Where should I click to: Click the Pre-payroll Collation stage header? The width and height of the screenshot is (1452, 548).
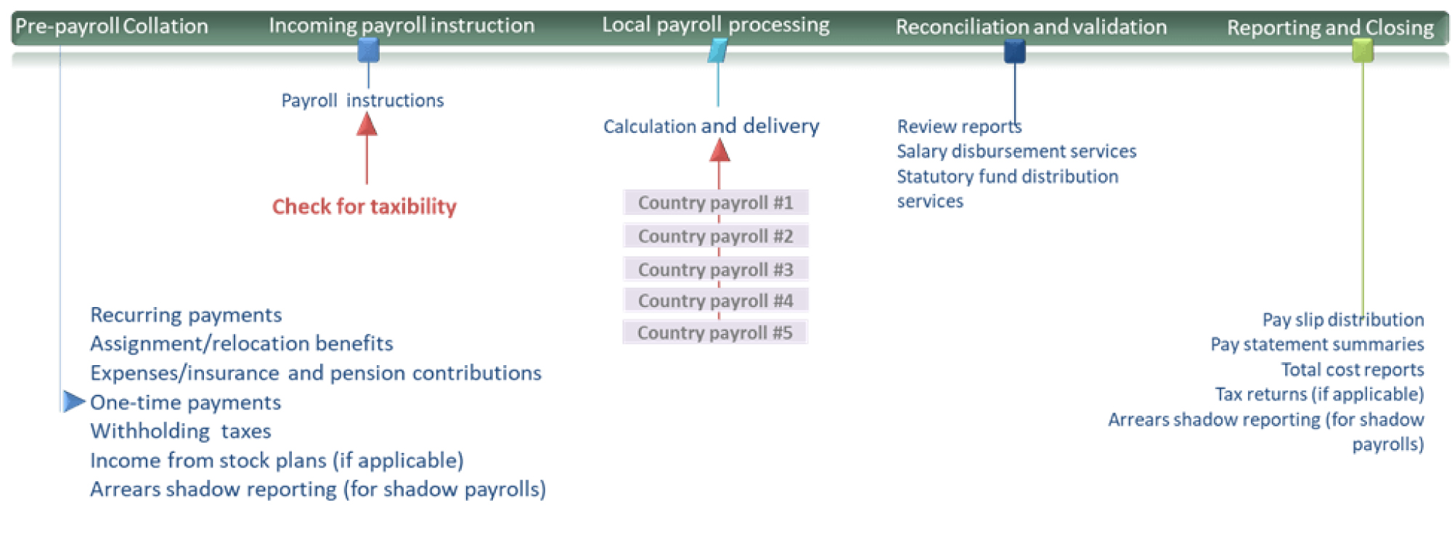[x=112, y=26]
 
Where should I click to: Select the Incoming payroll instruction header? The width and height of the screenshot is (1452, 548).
[x=401, y=25]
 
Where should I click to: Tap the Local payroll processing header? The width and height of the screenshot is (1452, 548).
[x=716, y=25]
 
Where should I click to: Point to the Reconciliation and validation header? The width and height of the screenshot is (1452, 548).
[x=1031, y=27]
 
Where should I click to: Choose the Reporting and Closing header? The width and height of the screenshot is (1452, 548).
[x=1330, y=28]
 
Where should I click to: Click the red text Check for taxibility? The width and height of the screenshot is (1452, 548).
[x=364, y=207]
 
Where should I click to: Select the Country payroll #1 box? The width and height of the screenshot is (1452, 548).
[x=716, y=203]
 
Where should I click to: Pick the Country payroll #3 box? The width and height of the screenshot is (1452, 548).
[x=716, y=269]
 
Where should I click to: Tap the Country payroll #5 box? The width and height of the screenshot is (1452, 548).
[x=715, y=332]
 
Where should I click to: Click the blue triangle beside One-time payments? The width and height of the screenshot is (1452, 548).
[x=74, y=401]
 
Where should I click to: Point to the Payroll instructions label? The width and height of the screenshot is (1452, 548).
[x=362, y=100]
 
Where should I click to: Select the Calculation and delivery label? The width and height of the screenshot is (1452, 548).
[x=711, y=126]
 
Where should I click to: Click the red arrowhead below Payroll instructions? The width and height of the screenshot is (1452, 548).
[x=367, y=125]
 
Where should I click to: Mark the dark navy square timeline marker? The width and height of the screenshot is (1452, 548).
[x=1015, y=51]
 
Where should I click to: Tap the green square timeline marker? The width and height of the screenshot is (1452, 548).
[x=1363, y=50]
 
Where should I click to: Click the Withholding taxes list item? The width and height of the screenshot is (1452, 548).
[x=181, y=431]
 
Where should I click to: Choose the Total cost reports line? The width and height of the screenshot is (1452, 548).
[x=1353, y=369]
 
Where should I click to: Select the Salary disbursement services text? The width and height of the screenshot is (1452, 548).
[x=1016, y=151]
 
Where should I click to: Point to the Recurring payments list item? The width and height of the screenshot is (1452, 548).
[x=186, y=315]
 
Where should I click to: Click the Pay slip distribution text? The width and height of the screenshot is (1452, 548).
[x=1343, y=319]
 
